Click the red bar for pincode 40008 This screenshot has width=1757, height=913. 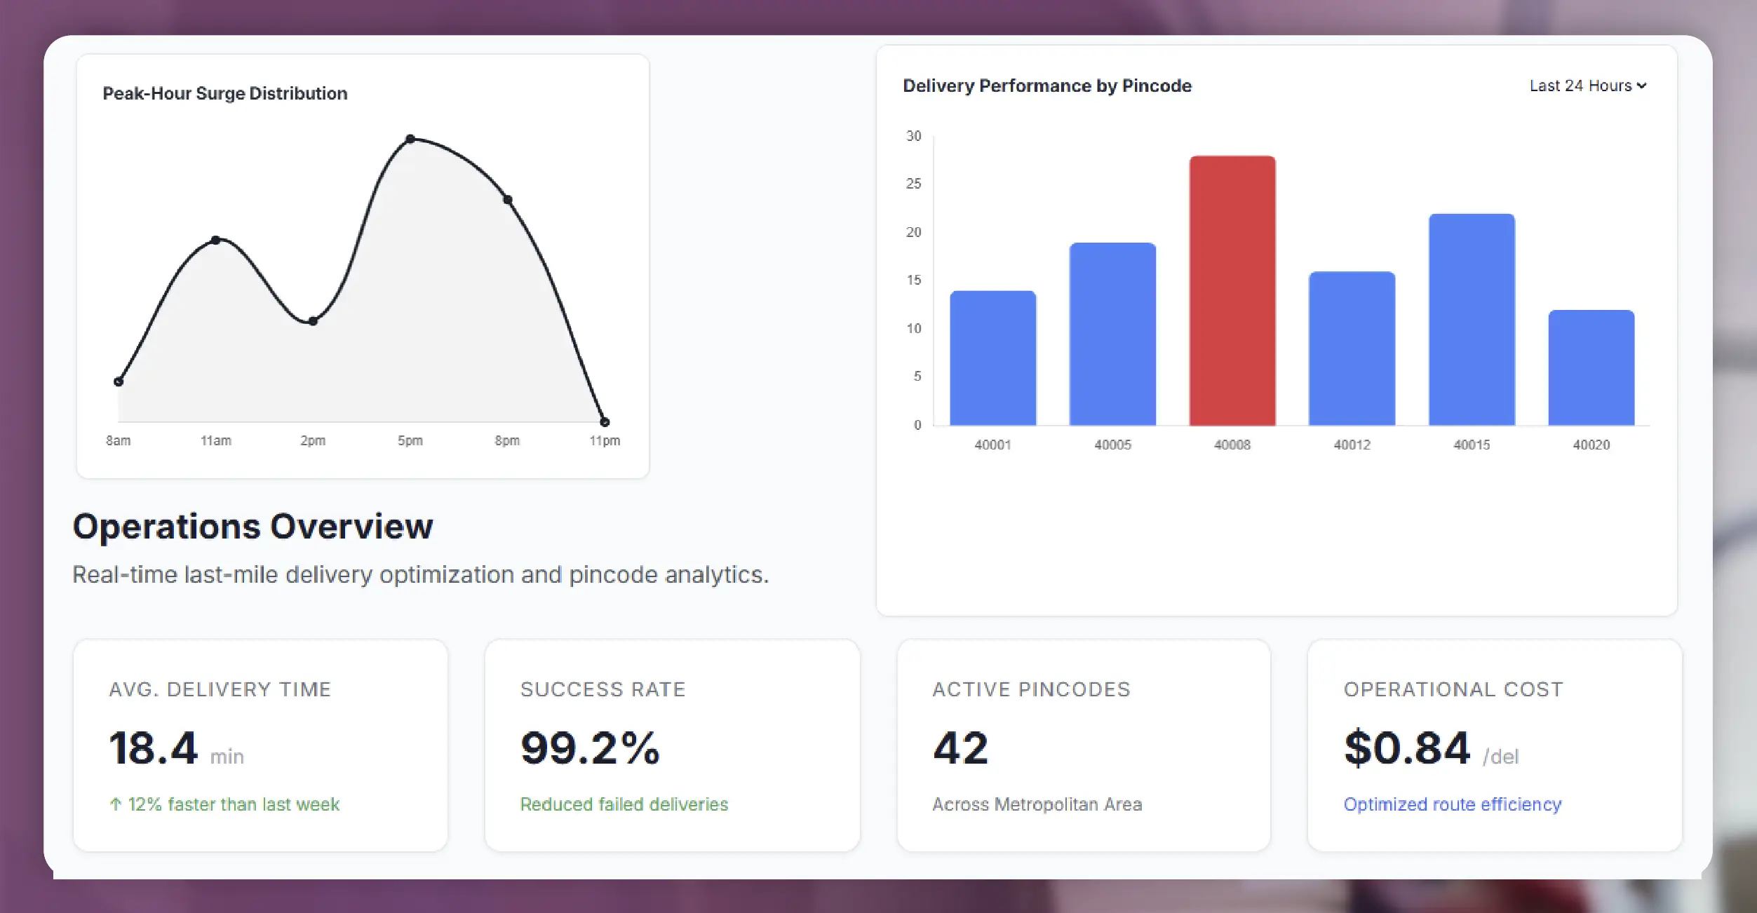click(1232, 291)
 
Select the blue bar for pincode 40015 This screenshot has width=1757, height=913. click(1472, 320)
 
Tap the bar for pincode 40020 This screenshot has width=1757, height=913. click(1591, 367)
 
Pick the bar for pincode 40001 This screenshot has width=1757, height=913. click(992, 358)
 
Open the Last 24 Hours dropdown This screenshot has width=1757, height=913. click(1587, 86)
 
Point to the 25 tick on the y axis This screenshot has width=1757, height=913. click(913, 184)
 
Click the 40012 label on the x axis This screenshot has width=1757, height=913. click(1352, 445)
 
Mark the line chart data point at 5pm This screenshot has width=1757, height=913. click(410, 139)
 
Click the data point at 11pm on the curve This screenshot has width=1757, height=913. click(605, 422)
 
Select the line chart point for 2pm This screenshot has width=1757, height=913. click(313, 321)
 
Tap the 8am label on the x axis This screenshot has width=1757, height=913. click(118, 440)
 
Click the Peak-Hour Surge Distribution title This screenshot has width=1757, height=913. click(225, 93)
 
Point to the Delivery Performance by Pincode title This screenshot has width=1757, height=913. click(1046, 86)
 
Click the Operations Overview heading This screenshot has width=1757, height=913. click(253, 526)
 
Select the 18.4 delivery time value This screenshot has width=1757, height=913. click(153, 748)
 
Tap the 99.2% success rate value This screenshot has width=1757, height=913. click(590, 748)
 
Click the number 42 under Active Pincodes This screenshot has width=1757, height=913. click(960, 748)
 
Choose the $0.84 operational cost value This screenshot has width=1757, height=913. click(1406, 748)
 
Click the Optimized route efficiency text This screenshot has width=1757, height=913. click(1452, 804)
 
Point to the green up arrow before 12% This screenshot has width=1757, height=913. click(116, 804)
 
